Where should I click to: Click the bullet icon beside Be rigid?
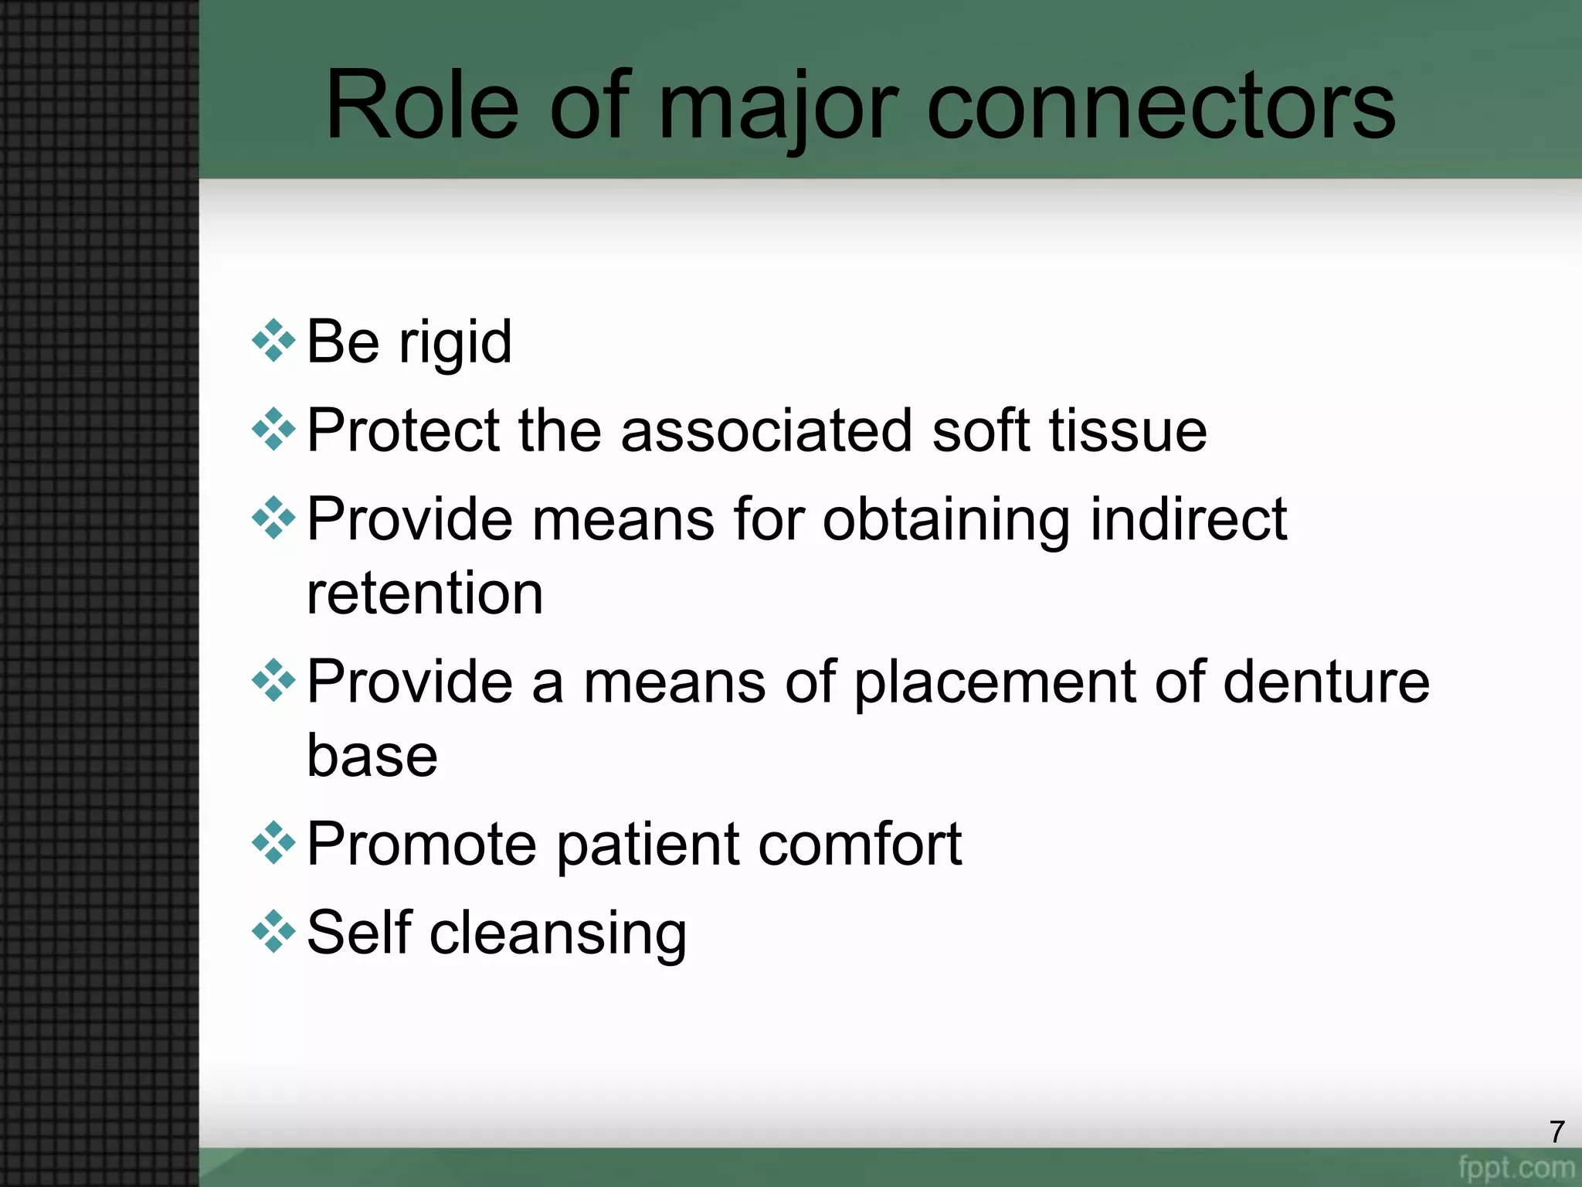click(273, 341)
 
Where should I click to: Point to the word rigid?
click(455, 342)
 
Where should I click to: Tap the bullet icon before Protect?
click(273, 430)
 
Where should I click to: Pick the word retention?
click(425, 593)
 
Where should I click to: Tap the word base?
click(372, 755)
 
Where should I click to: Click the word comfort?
click(859, 844)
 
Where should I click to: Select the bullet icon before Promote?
click(273, 843)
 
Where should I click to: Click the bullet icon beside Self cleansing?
click(273, 932)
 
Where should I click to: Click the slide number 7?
click(1557, 1132)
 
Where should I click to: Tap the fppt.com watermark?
click(1516, 1167)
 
